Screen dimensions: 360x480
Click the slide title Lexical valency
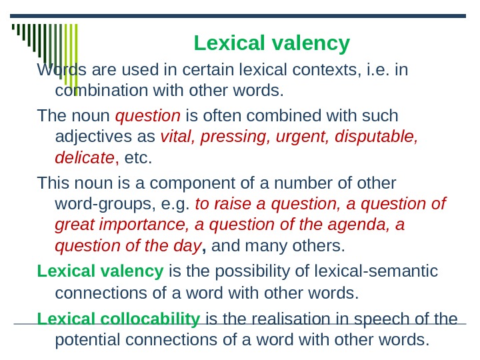pyautogui.click(x=271, y=43)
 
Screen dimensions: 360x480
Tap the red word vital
pyautogui.click(x=175, y=137)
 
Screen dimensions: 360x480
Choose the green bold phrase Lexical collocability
pyautogui.click(x=119, y=319)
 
